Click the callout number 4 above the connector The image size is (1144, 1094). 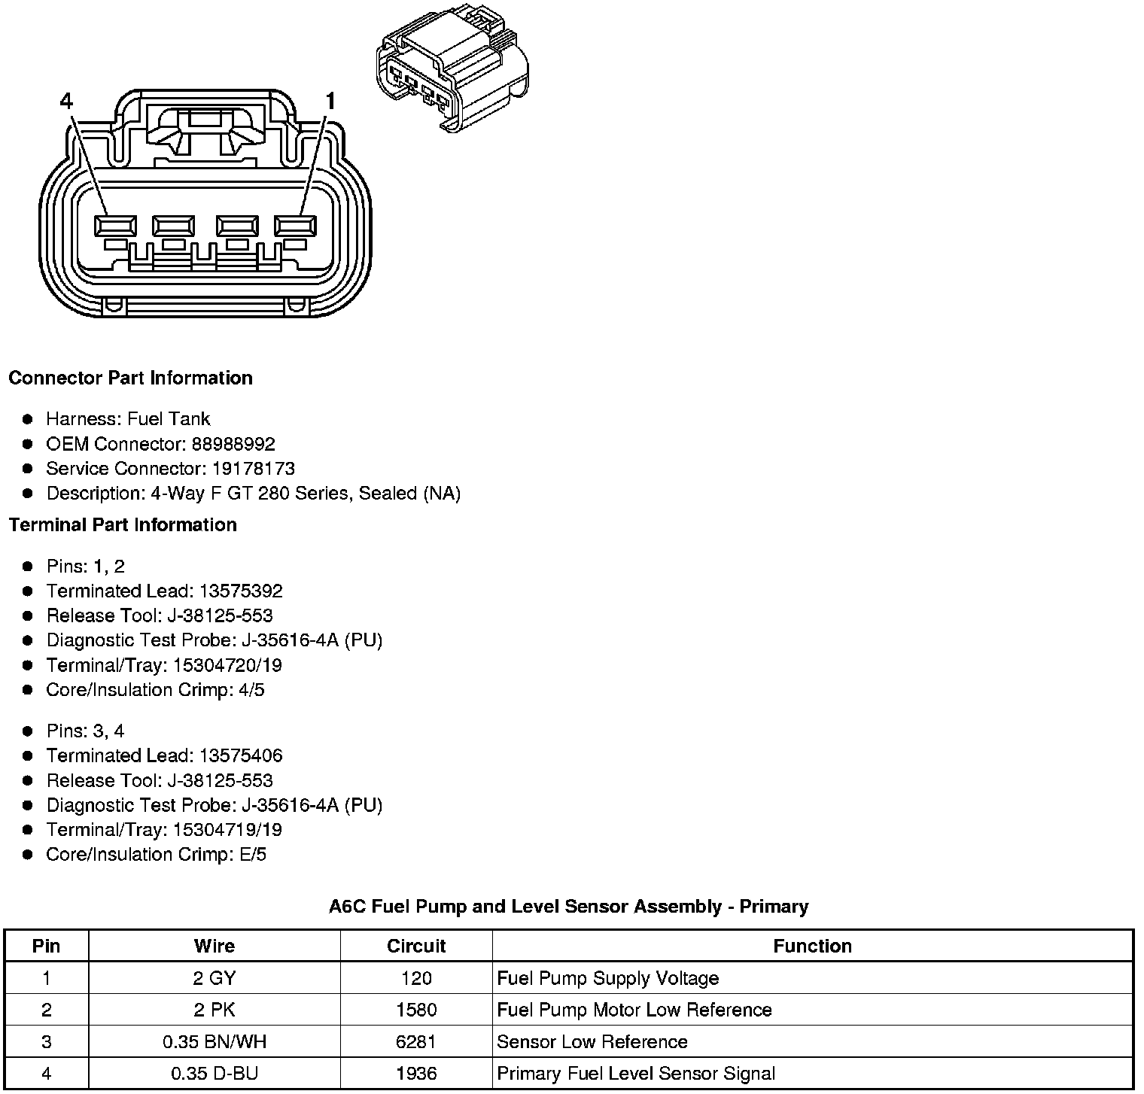(66, 101)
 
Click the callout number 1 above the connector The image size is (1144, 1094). (329, 101)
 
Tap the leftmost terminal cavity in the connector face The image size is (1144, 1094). (116, 226)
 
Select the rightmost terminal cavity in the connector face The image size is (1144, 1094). (296, 226)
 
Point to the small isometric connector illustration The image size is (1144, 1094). (452, 71)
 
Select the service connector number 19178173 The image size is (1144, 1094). (253, 469)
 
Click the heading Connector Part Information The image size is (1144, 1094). (130, 378)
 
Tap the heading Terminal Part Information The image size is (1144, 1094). (123, 524)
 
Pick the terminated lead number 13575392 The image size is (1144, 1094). (241, 591)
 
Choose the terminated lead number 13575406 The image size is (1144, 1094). (241, 755)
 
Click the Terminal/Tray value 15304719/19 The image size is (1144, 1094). (227, 830)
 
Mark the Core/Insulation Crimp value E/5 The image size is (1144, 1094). (251, 855)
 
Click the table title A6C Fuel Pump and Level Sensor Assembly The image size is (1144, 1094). (568, 906)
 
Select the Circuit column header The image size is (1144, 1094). (416, 946)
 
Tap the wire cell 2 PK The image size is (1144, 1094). (214, 1010)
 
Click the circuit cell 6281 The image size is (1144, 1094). (416, 1042)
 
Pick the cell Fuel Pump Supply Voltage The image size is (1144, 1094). (608, 978)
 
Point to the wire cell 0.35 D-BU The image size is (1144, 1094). (214, 1074)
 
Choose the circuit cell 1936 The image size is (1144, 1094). (416, 1074)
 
